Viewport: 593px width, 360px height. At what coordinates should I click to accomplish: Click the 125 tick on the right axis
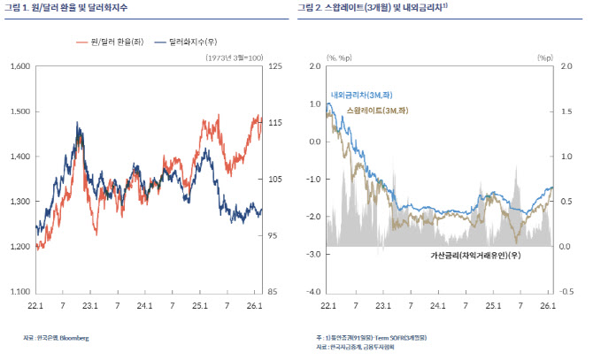coord(274,66)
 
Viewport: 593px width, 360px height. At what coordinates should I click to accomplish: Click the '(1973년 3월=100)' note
coord(233,57)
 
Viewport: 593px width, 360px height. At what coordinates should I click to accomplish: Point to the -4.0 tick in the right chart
coord(312,291)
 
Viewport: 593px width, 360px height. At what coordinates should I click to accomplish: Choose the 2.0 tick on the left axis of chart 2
coord(313,66)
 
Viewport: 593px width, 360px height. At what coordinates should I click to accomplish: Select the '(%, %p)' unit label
coord(338,57)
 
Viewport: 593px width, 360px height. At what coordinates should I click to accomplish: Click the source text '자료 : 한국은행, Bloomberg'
coord(56,338)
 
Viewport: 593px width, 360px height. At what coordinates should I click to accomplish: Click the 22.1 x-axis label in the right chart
coord(327,305)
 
